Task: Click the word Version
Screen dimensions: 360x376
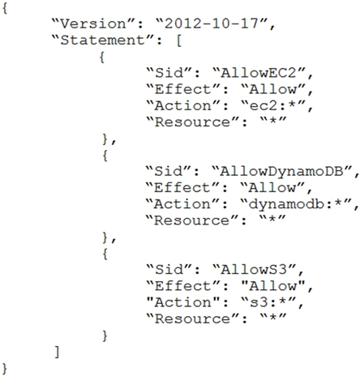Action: [x=92, y=23]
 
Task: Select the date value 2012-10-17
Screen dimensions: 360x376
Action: [x=212, y=23]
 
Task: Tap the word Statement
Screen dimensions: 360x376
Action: [x=102, y=40]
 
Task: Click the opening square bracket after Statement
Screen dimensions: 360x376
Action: [x=179, y=41]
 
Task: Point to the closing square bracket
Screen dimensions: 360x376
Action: [x=57, y=352]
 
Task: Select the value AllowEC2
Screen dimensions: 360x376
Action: [x=259, y=73]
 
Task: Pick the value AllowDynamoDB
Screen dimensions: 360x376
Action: [x=281, y=172]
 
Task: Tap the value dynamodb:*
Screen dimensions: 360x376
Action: [x=295, y=204]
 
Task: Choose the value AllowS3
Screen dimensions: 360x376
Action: [x=254, y=270]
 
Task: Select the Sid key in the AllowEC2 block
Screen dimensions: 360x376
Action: [x=169, y=73]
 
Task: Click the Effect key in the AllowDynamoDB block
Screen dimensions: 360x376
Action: [x=182, y=188]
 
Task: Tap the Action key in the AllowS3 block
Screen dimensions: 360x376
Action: [x=182, y=302]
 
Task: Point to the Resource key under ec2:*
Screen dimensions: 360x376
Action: [x=192, y=122]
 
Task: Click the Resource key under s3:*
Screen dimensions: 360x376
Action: [x=192, y=318]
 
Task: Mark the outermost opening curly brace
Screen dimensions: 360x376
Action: [x=5, y=8]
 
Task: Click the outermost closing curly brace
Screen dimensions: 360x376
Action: [x=5, y=369]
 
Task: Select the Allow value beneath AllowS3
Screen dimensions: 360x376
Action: [x=272, y=286]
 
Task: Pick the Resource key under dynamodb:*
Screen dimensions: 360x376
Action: [x=191, y=220]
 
